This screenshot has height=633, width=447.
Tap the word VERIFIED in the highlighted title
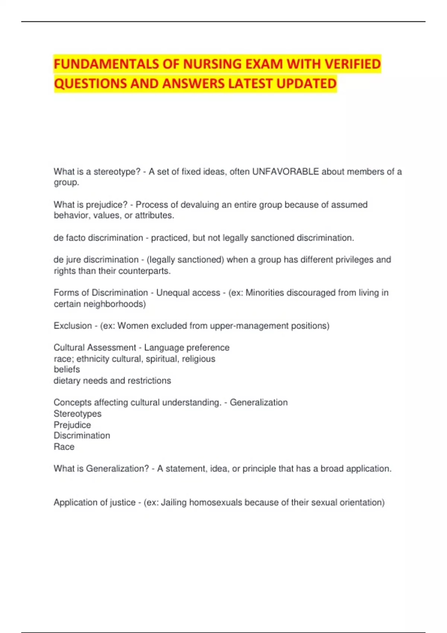352,64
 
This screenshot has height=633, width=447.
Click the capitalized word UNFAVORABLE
285,172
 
